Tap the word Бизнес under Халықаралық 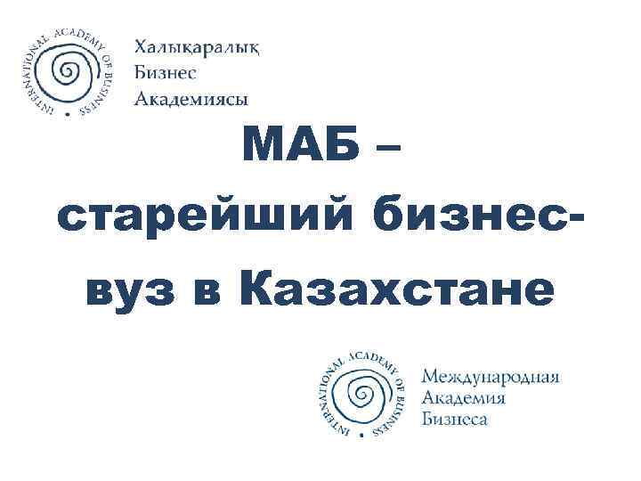(165, 73)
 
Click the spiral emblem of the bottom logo (360, 392)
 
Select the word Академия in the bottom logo (464, 397)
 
